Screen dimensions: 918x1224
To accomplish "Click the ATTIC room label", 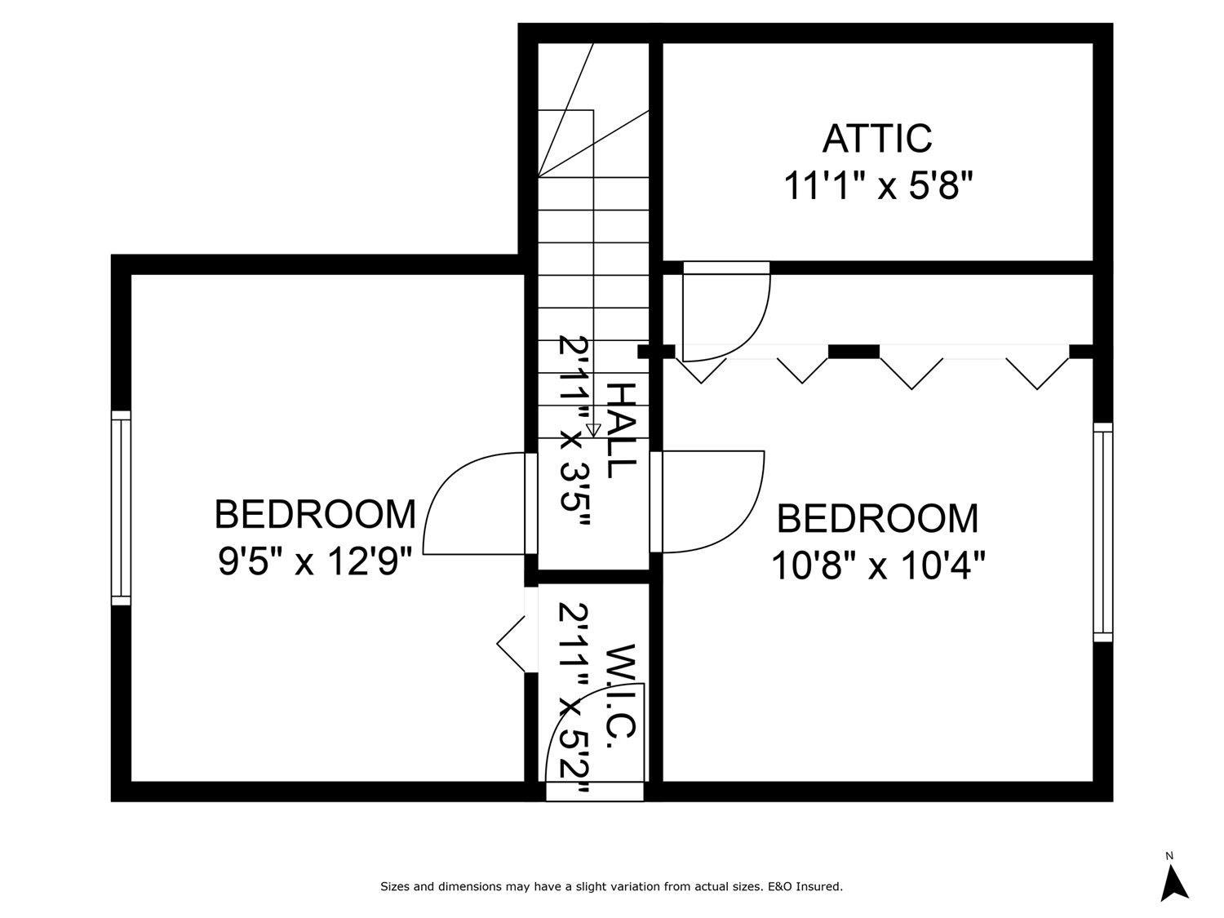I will click(x=877, y=139).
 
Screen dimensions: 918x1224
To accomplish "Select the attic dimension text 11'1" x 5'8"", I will click(x=879, y=186).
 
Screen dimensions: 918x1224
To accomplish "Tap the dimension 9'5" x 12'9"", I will click(x=314, y=562).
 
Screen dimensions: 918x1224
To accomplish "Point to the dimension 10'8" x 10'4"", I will click(x=878, y=565).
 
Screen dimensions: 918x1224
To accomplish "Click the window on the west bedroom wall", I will click(x=121, y=507).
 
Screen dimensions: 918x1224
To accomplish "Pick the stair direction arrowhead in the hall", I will click(x=593, y=430).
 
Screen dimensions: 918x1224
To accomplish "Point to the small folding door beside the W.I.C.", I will click(x=512, y=645).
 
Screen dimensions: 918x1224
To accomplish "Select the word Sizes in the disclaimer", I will click(x=395, y=886).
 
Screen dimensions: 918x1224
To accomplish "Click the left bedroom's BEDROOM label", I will click(x=315, y=514).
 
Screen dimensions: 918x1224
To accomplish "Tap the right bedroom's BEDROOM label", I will click(x=877, y=519).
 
